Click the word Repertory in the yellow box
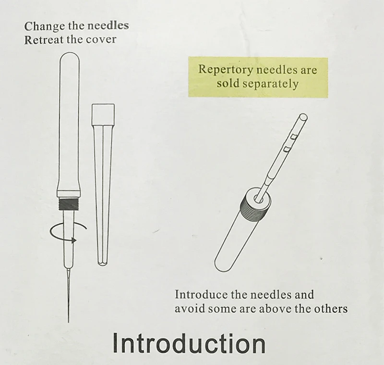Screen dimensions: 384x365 pyautogui.click(x=225, y=70)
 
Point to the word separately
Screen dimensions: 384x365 pyautogui.click(x=270, y=84)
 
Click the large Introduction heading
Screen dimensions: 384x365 pyautogui.click(x=189, y=343)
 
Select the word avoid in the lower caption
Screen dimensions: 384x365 pyautogui.click(x=190, y=309)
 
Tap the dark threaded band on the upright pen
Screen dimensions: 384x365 pyautogui.click(x=69, y=204)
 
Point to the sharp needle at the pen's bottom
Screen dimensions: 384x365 pyautogui.click(x=69, y=295)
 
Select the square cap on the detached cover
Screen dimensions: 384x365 pyautogui.click(x=103, y=114)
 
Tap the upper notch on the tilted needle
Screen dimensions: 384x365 pyautogui.click(x=294, y=137)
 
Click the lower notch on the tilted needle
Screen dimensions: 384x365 pyautogui.click(x=287, y=149)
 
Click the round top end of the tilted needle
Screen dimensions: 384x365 pyautogui.click(x=303, y=116)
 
